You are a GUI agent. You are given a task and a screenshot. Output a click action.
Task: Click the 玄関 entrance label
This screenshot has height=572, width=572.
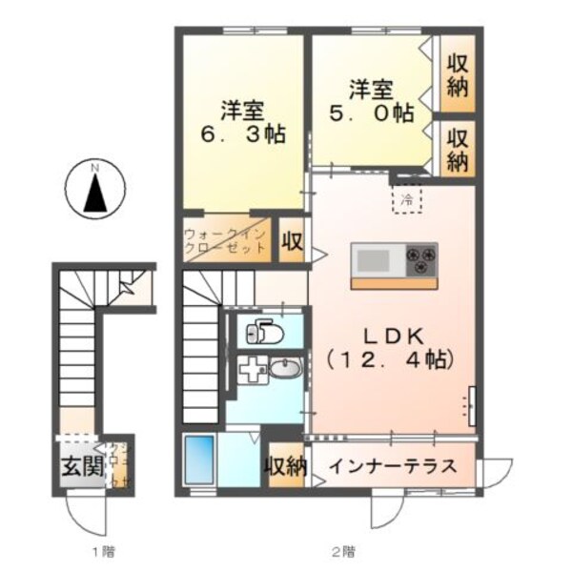point(79,468)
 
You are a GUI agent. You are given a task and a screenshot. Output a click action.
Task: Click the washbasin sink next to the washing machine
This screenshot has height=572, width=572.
point(284,369)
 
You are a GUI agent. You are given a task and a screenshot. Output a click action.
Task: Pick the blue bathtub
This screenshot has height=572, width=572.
point(199,460)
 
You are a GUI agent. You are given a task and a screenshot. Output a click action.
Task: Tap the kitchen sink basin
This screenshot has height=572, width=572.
point(373,258)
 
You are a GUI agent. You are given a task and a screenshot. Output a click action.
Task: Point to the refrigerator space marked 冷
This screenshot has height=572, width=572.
point(406,200)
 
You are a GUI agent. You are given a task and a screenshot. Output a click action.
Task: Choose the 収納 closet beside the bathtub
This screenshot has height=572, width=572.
point(285,467)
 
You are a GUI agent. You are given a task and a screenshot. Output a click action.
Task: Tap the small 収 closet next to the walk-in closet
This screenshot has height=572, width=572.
point(292,241)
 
